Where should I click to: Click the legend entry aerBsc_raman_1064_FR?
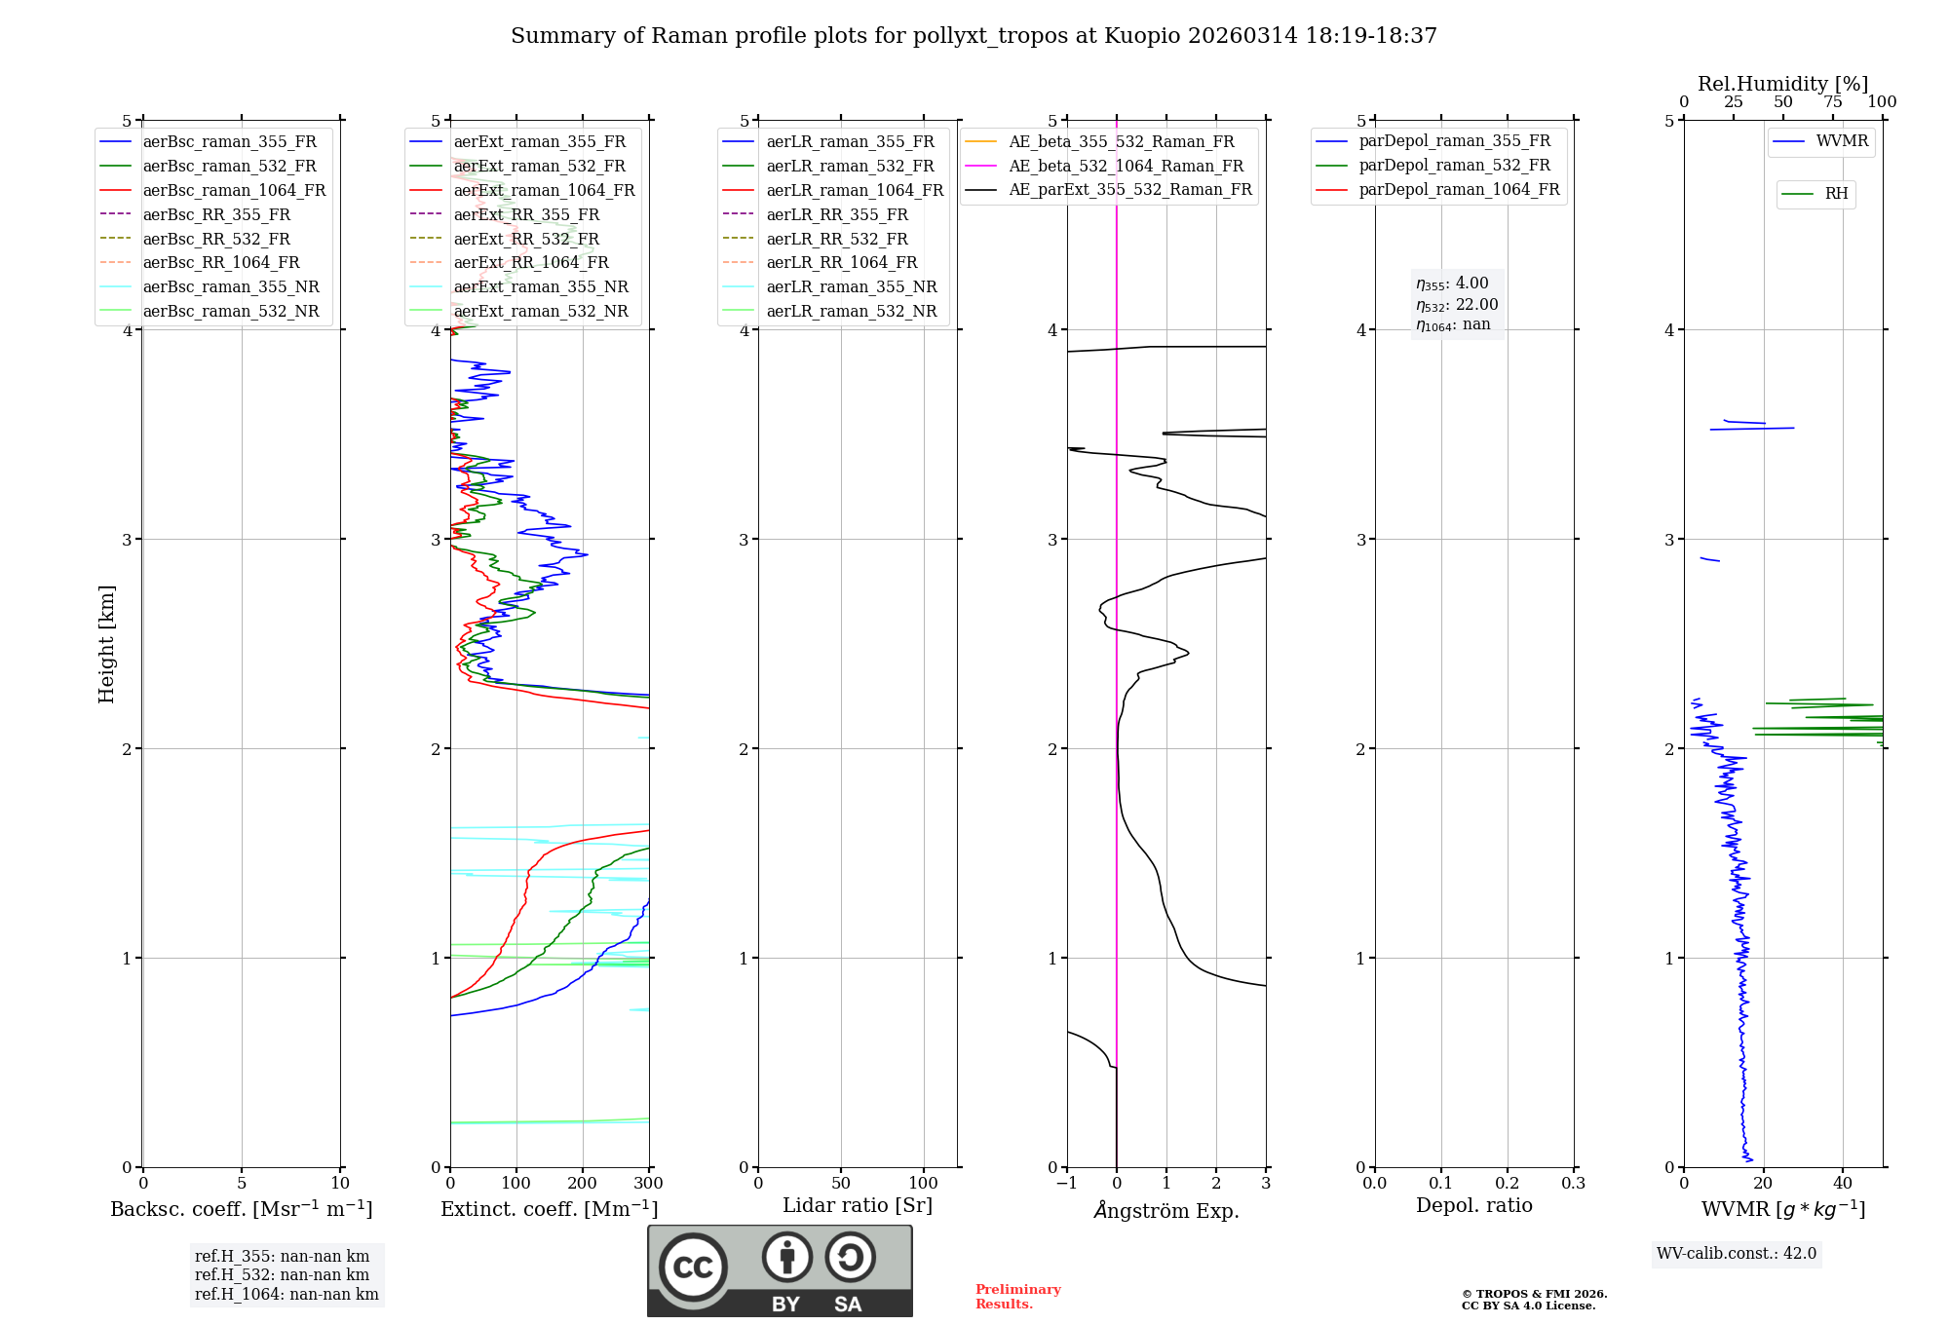(234, 190)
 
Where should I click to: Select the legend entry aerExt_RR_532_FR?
(526, 239)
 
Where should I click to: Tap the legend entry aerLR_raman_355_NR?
(851, 286)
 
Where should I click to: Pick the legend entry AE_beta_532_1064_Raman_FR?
(1126, 166)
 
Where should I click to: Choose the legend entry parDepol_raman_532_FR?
(1454, 166)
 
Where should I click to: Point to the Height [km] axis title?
(107, 644)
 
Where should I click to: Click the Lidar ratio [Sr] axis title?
(858, 1205)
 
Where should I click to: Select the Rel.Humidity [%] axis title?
(1782, 84)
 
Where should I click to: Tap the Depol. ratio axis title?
(1473, 1205)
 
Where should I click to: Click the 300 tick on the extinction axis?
(649, 1184)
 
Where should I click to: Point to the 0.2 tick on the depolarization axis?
(1508, 1184)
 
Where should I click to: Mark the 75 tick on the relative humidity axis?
(1832, 102)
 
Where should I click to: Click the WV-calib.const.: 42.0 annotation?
(1737, 1253)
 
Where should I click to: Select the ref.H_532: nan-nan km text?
(282, 1274)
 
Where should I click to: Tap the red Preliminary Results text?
(1017, 1296)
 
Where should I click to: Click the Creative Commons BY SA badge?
(780, 1270)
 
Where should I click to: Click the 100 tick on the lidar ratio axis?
(923, 1184)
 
